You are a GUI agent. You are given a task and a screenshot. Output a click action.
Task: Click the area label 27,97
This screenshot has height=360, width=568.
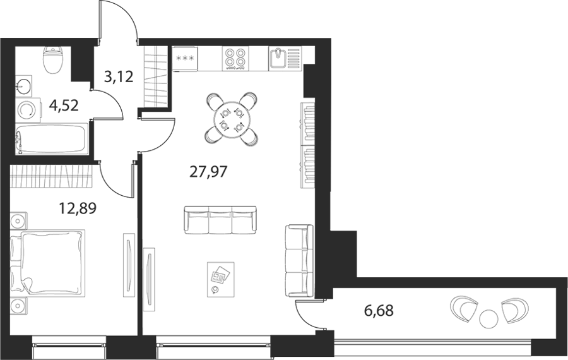click(x=208, y=172)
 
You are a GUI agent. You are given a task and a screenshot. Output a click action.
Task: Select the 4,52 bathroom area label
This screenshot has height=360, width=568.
click(x=64, y=106)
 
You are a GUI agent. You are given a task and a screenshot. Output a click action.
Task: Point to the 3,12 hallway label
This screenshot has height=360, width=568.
click(x=119, y=77)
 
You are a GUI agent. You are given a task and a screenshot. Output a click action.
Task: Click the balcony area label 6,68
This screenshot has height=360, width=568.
click(x=379, y=310)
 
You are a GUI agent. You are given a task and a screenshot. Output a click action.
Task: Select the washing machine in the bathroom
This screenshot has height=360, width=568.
click(x=28, y=110)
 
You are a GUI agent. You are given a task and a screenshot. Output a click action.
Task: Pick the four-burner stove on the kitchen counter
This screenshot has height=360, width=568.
click(x=235, y=58)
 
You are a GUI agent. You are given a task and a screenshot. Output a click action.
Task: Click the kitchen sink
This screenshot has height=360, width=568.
click(x=285, y=58)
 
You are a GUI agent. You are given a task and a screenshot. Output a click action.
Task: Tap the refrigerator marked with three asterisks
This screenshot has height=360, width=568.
click(x=185, y=58)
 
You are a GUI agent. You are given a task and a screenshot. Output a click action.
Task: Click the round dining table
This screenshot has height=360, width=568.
click(x=232, y=119)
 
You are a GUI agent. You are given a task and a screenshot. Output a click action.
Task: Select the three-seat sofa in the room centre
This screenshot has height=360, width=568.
click(x=220, y=220)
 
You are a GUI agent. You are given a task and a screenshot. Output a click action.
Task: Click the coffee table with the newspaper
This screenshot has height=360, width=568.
click(x=221, y=280)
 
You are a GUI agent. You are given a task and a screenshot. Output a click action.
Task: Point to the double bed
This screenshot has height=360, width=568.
click(x=47, y=261)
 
